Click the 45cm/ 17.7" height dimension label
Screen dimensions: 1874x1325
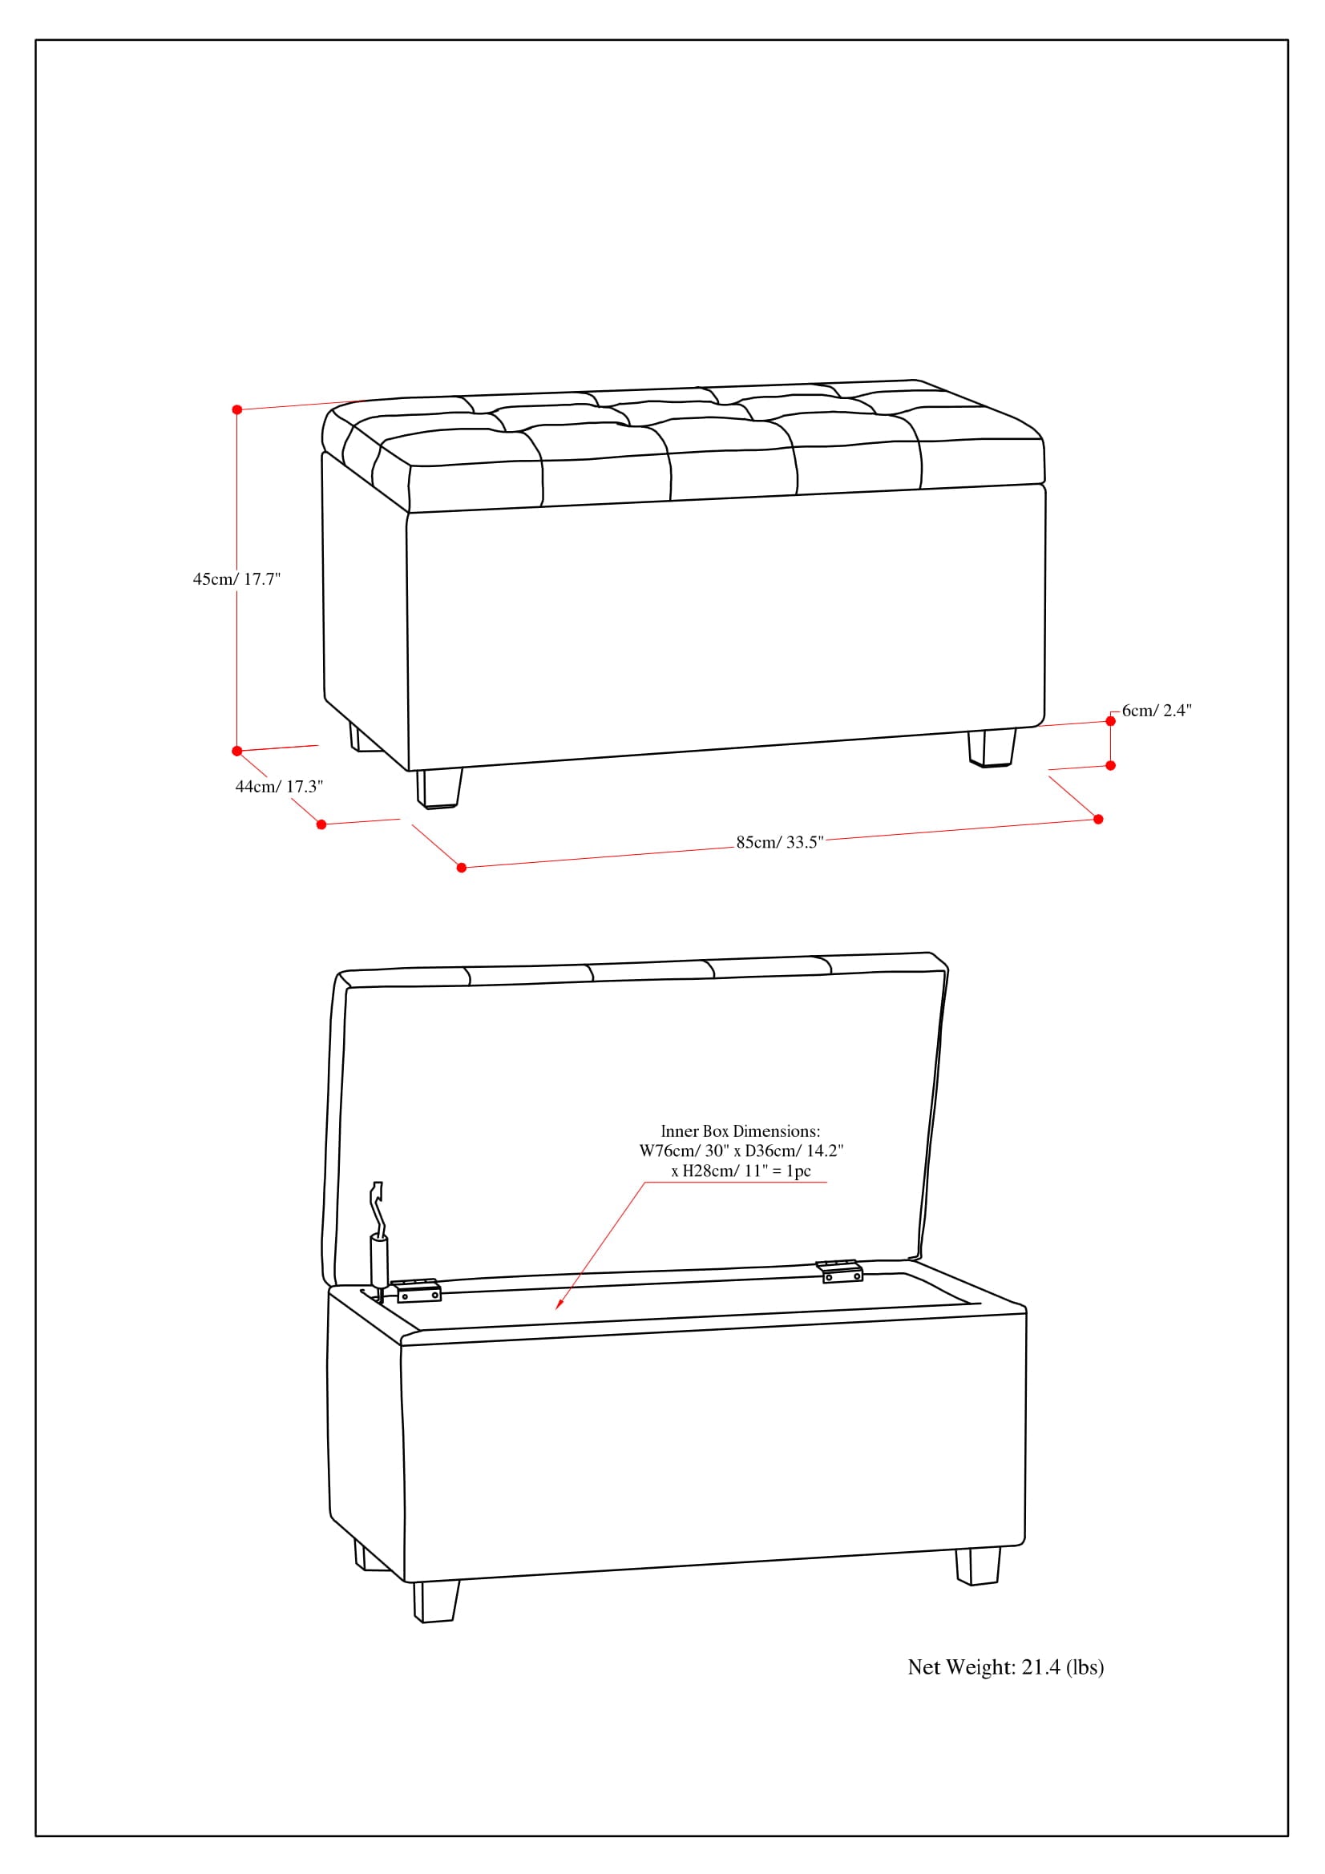point(236,578)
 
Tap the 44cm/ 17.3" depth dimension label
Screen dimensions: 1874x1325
point(279,786)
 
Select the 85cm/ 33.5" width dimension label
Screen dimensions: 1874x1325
point(780,842)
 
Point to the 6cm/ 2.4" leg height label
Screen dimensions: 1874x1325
point(1156,710)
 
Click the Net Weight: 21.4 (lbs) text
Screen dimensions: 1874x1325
point(1005,1666)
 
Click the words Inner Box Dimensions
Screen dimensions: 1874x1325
point(740,1130)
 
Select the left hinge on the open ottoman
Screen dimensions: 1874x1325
point(418,1291)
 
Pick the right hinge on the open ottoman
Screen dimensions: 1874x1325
point(840,1271)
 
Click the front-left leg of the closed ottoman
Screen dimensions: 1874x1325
point(438,788)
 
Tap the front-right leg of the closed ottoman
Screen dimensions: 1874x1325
point(992,747)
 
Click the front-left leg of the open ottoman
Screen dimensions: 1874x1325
point(435,1601)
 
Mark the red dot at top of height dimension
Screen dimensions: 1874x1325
point(236,409)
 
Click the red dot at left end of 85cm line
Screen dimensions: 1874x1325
point(461,867)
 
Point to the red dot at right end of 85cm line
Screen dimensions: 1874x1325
point(1098,819)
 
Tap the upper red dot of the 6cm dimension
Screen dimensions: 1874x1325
point(1110,721)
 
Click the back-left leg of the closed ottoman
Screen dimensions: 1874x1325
point(355,737)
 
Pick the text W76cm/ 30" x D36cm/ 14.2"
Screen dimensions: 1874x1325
point(741,1151)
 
